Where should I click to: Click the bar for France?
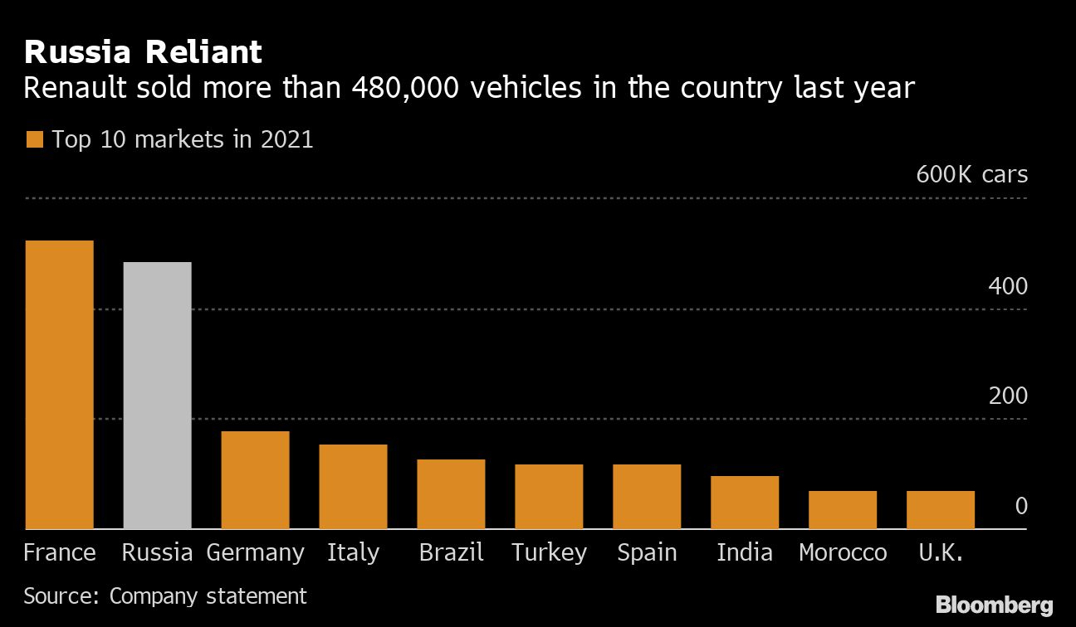58,385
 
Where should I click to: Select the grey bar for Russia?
157,396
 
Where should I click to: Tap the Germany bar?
255,480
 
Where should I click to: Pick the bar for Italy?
353,487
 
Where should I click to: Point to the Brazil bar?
451,494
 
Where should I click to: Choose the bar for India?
745,503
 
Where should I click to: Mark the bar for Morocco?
843,510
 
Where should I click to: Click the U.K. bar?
941,510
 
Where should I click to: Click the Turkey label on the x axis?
549,552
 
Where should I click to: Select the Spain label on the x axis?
647,552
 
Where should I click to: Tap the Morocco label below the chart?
843,552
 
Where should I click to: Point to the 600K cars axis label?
971,175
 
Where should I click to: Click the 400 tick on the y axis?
1008,286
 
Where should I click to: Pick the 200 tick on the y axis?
1008,396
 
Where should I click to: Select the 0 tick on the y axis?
1021,506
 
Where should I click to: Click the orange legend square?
34,139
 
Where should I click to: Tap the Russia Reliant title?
143,52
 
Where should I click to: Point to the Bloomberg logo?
994,605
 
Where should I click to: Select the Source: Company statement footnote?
165,595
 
